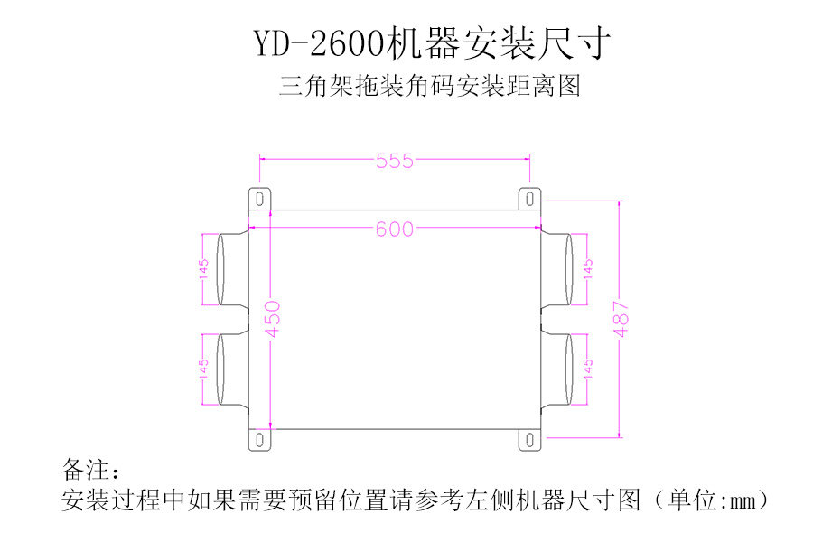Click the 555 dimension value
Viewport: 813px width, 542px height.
(395, 161)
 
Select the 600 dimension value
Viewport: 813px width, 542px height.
(395, 229)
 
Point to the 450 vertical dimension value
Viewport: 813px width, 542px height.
(273, 319)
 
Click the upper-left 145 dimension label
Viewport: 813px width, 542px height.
(204, 269)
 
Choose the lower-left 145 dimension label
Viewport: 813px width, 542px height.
(204, 369)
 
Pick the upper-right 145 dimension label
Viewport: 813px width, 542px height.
(588, 269)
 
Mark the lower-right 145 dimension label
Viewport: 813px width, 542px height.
(588, 369)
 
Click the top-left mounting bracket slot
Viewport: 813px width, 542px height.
(260, 197)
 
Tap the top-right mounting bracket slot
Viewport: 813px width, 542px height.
(529, 197)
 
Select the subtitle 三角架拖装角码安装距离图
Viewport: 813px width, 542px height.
(428, 87)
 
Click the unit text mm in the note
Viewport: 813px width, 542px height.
(743, 499)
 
